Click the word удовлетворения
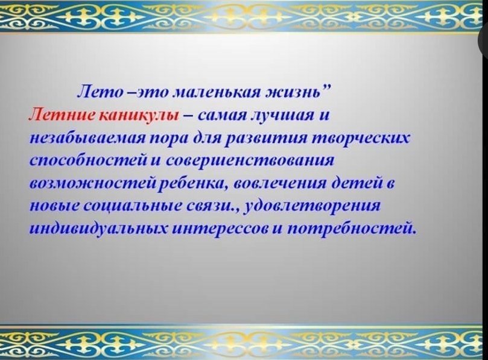tap(314, 206)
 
